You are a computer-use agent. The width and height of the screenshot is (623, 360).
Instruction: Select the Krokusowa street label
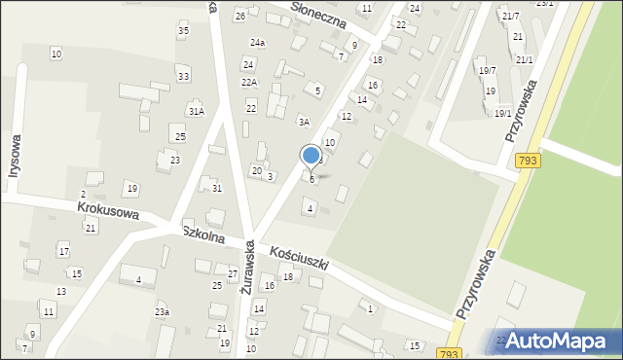108,213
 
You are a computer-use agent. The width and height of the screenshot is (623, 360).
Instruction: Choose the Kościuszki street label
300,258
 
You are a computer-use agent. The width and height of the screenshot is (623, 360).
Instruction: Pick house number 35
183,31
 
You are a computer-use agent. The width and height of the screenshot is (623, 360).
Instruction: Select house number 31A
197,112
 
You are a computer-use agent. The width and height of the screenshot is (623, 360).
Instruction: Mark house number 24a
257,43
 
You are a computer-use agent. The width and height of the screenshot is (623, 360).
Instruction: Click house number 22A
249,83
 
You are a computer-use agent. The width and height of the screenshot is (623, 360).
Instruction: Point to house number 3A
304,123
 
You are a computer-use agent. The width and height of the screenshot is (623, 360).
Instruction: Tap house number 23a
162,312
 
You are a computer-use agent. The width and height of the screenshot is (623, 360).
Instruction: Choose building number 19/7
487,70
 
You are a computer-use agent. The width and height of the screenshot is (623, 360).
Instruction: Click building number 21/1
525,60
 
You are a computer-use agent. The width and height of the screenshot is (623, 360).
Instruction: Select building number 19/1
502,113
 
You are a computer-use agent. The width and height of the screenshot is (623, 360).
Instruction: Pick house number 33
183,76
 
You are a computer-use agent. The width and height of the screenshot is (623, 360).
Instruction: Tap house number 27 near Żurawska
233,273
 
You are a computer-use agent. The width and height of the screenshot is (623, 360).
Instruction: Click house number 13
60,292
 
